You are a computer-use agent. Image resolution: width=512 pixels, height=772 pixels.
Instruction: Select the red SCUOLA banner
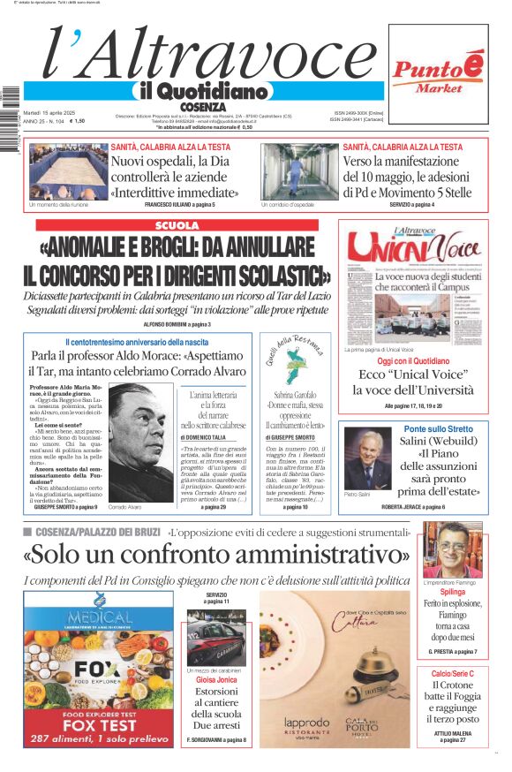(177, 225)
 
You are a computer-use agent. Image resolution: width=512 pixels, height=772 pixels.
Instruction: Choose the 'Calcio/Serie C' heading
(452, 673)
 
